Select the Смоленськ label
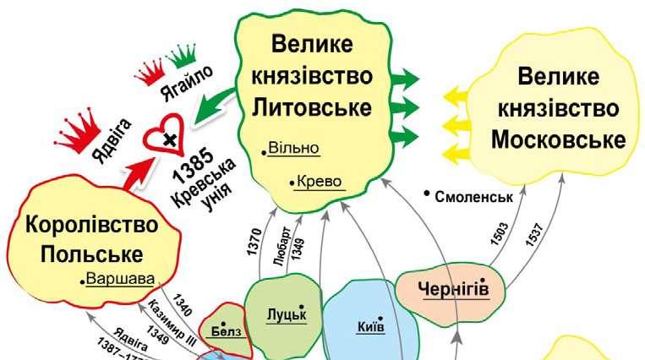point(474,197)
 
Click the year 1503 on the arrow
point(500,232)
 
